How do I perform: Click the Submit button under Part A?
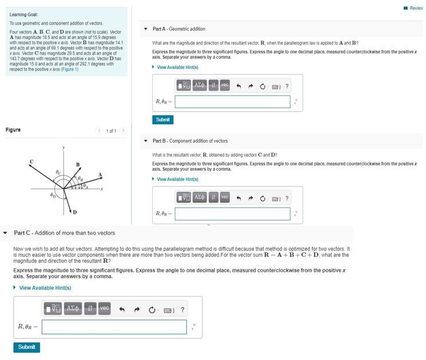coord(163,120)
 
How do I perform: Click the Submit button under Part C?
coord(26,347)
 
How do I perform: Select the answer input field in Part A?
coord(232,101)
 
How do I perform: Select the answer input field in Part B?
coord(232,214)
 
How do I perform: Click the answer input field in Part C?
coord(114,327)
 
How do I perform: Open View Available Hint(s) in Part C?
coord(45,288)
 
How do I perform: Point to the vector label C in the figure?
coord(32,162)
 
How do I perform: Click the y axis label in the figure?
coord(64,148)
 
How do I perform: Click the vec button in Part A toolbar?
coord(224,85)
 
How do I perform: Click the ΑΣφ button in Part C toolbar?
coord(73,310)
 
